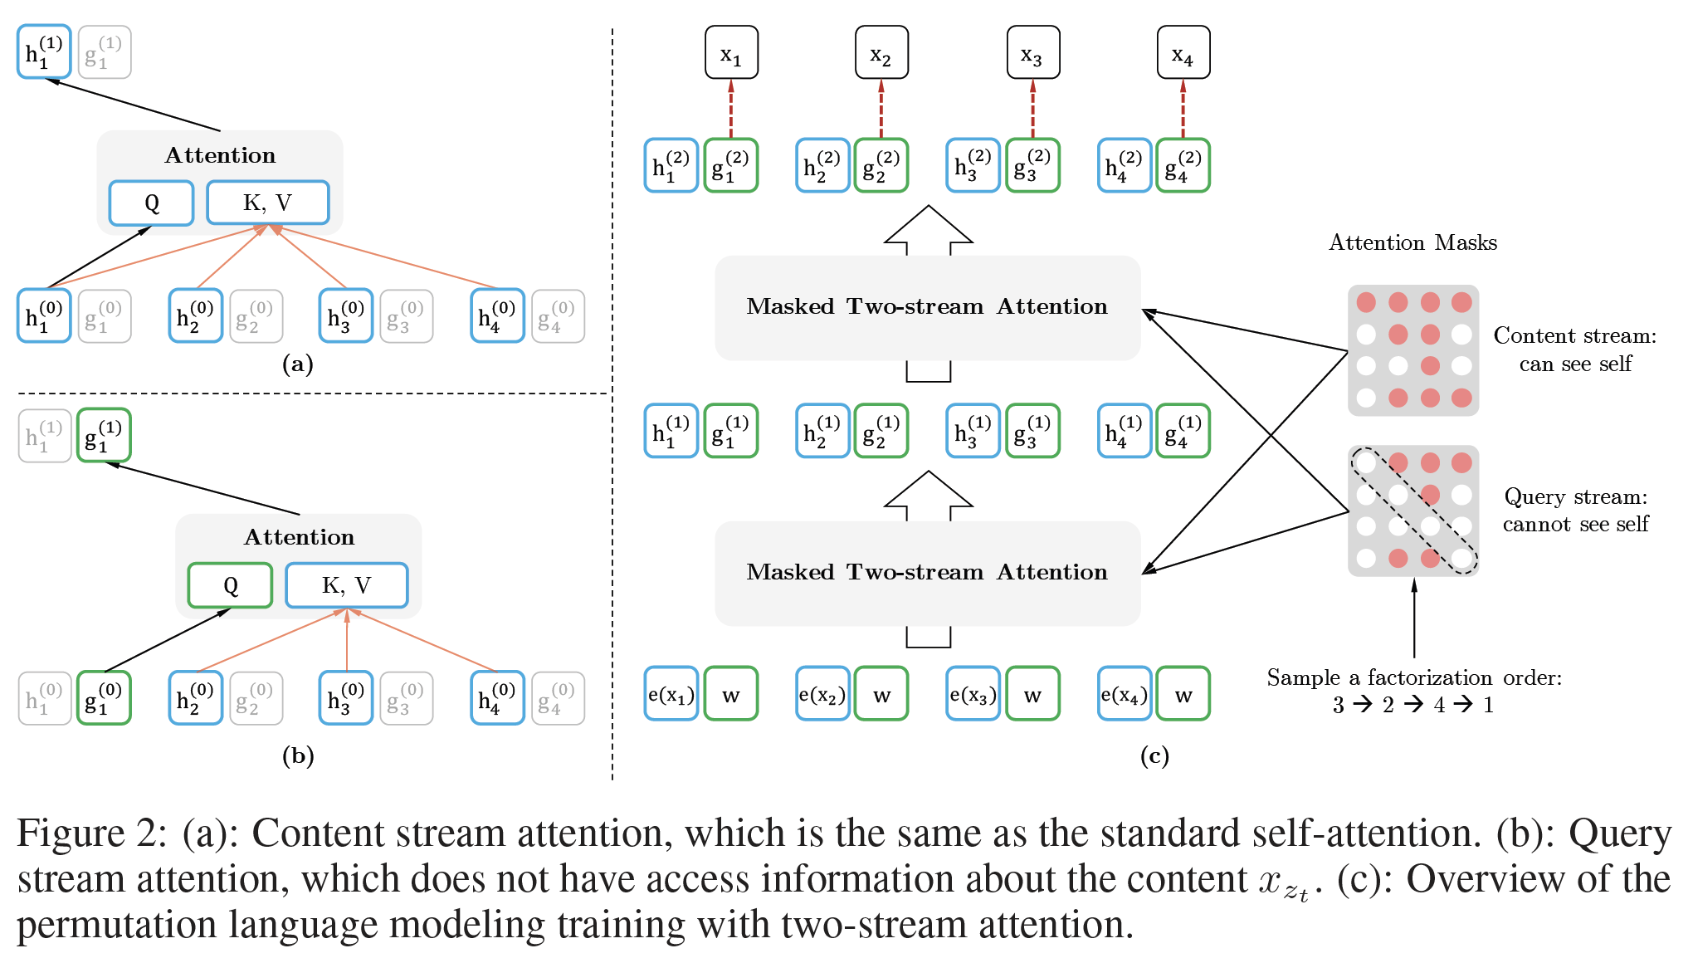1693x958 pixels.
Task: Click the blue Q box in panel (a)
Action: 151,203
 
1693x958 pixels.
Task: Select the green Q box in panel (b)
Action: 230,585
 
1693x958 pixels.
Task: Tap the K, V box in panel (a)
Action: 267,203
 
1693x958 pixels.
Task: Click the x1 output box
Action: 731,53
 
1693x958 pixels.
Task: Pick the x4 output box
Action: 1183,53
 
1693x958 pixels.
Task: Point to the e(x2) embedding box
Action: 822,694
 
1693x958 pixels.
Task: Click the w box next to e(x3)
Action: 1032,694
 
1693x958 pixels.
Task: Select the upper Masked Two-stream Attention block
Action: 927,307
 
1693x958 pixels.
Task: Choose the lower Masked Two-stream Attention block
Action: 927,573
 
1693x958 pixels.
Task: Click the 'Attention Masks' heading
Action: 1412,242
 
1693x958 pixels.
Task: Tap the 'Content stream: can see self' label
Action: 1574,349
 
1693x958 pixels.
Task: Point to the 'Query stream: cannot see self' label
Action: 1575,510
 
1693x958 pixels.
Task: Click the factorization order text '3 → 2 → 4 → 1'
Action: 1413,705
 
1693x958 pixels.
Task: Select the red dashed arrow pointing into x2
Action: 881,109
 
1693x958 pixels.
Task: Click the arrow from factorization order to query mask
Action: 1414,618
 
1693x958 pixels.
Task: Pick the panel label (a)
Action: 297,364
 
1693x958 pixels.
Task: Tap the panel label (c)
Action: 1154,755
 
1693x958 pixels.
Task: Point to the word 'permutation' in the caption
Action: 116,924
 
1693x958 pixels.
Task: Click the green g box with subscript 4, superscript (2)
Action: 1183,166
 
